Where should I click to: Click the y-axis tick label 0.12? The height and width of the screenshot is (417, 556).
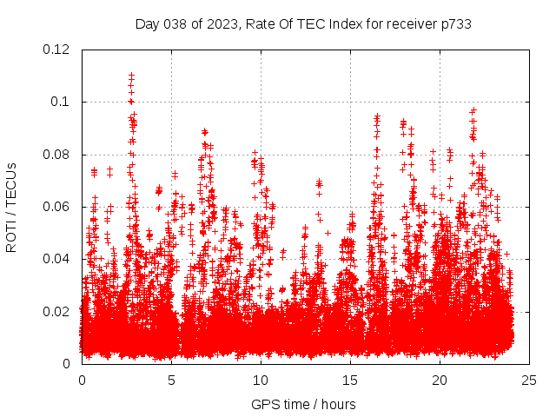click(x=57, y=50)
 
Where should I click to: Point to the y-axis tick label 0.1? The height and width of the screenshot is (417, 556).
click(x=61, y=102)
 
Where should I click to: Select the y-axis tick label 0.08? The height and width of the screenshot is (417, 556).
click(x=57, y=155)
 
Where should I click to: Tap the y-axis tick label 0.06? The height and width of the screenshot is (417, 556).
click(x=57, y=207)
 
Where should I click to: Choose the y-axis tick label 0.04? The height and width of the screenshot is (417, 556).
click(x=57, y=259)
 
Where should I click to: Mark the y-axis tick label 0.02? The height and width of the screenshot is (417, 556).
click(x=57, y=311)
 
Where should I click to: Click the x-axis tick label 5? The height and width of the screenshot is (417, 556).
click(x=171, y=380)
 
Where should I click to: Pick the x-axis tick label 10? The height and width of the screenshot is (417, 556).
click(x=261, y=380)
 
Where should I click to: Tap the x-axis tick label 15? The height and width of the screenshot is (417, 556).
click(x=350, y=380)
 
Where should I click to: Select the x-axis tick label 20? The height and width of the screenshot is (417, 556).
click(x=440, y=380)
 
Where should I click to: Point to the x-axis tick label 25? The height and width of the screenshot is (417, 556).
click(x=529, y=380)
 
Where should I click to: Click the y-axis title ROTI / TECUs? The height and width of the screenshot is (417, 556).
click(x=12, y=207)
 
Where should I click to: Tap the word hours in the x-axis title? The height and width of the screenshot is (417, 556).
click(x=337, y=404)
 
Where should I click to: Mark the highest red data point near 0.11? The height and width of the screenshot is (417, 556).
click(x=131, y=76)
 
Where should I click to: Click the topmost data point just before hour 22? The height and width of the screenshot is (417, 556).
click(x=473, y=110)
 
